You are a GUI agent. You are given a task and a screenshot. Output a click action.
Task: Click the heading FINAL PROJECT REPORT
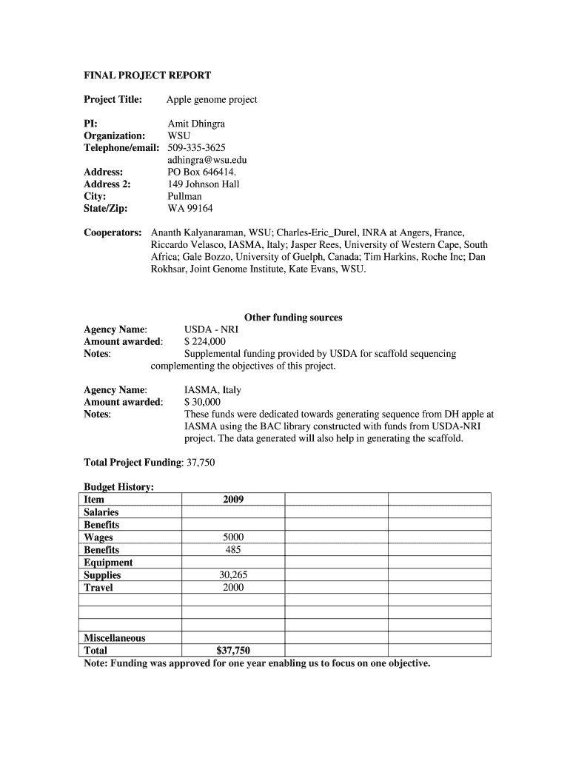(x=147, y=76)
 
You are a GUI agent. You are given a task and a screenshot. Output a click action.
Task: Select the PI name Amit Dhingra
(x=196, y=124)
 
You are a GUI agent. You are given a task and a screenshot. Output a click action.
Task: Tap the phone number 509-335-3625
(x=196, y=148)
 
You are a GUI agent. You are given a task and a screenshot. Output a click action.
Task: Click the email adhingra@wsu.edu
(x=207, y=160)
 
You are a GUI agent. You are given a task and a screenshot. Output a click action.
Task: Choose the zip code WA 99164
(x=190, y=208)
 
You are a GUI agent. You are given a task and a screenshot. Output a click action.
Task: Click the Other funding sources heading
(x=293, y=318)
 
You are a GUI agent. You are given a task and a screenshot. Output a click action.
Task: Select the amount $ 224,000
(x=204, y=341)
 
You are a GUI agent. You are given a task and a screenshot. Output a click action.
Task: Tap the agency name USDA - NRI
(x=211, y=329)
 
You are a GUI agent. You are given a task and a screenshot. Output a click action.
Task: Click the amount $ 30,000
(x=202, y=402)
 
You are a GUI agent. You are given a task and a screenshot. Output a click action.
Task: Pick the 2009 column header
(x=233, y=500)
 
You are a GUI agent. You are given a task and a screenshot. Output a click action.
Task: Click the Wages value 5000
(x=233, y=537)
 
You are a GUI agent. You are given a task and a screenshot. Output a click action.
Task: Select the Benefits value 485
(x=233, y=550)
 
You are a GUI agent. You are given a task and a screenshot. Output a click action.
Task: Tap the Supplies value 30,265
(x=233, y=575)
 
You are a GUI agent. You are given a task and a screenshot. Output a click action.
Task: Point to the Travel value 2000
(x=233, y=588)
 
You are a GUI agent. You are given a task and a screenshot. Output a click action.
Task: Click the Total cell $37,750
(x=233, y=651)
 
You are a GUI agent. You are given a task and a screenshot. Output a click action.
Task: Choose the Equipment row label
(x=108, y=563)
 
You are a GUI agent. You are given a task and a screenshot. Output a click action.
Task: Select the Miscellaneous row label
(x=115, y=638)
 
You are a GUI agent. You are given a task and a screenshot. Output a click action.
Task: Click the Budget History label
(x=118, y=486)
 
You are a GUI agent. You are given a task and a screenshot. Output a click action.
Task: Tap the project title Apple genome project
(x=212, y=99)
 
